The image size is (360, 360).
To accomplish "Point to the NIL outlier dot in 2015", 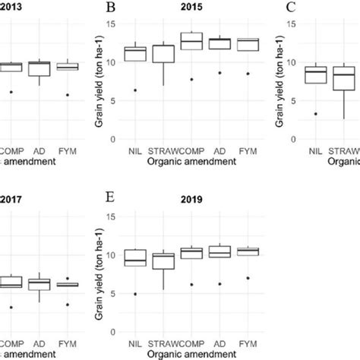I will (135, 90).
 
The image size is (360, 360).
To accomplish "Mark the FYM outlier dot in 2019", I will (248, 278).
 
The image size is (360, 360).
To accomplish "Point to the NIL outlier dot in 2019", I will (135, 294).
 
